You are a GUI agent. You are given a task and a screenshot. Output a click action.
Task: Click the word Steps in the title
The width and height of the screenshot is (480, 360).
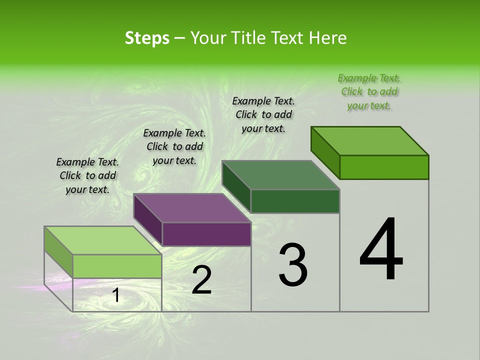pos(147,38)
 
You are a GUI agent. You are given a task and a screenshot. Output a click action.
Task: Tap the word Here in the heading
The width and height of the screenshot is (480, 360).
pos(328,38)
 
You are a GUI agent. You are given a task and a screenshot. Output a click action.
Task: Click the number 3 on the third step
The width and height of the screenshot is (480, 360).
pos(292,265)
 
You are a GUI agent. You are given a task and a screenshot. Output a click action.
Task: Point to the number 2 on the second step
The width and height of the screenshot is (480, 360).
pos(201,280)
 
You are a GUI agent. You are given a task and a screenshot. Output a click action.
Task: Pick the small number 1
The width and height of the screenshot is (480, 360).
pos(116,295)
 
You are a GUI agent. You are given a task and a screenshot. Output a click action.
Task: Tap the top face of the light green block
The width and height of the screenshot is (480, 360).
pos(103,240)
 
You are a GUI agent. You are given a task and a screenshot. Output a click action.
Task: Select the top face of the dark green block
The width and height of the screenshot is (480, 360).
pos(280,175)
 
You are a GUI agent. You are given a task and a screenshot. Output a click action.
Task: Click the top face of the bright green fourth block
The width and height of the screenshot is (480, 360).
pos(369,141)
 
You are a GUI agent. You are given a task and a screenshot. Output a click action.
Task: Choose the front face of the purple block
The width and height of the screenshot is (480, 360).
pos(206,234)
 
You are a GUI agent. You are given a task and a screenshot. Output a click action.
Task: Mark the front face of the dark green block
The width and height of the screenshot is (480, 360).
pos(295,201)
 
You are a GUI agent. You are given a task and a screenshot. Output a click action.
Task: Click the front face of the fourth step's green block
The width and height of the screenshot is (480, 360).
pos(384,167)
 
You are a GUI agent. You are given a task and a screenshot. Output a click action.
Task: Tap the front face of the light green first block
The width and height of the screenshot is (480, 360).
pos(117,266)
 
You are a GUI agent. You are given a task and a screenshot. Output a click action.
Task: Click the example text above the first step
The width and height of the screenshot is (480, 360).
pos(87,175)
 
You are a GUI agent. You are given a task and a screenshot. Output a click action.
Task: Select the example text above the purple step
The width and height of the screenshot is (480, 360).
pos(174,146)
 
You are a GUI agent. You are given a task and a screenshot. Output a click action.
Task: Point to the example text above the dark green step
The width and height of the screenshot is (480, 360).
pos(263,114)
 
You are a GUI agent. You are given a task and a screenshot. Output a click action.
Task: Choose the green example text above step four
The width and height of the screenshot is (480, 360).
pos(369,91)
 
